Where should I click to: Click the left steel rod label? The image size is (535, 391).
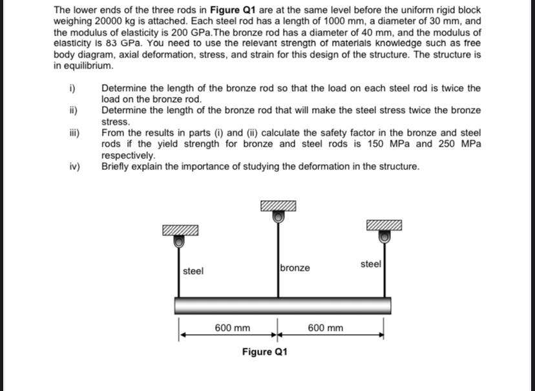(x=193, y=271)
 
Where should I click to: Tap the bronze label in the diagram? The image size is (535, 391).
(x=295, y=268)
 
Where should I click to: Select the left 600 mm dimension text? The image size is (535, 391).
(x=233, y=328)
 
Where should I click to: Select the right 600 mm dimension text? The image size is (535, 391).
(x=326, y=328)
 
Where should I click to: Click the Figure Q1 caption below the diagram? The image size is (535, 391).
(x=265, y=352)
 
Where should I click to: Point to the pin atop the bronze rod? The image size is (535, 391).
(x=277, y=218)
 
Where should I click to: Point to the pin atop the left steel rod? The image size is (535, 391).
(x=180, y=241)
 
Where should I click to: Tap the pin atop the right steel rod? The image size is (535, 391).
(x=384, y=237)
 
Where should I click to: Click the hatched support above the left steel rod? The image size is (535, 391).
(x=180, y=230)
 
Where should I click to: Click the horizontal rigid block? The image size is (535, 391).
(x=283, y=305)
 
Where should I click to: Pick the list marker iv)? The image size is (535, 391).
(x=74, y=167)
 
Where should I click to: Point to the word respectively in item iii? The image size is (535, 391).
(x=128, y=156)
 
